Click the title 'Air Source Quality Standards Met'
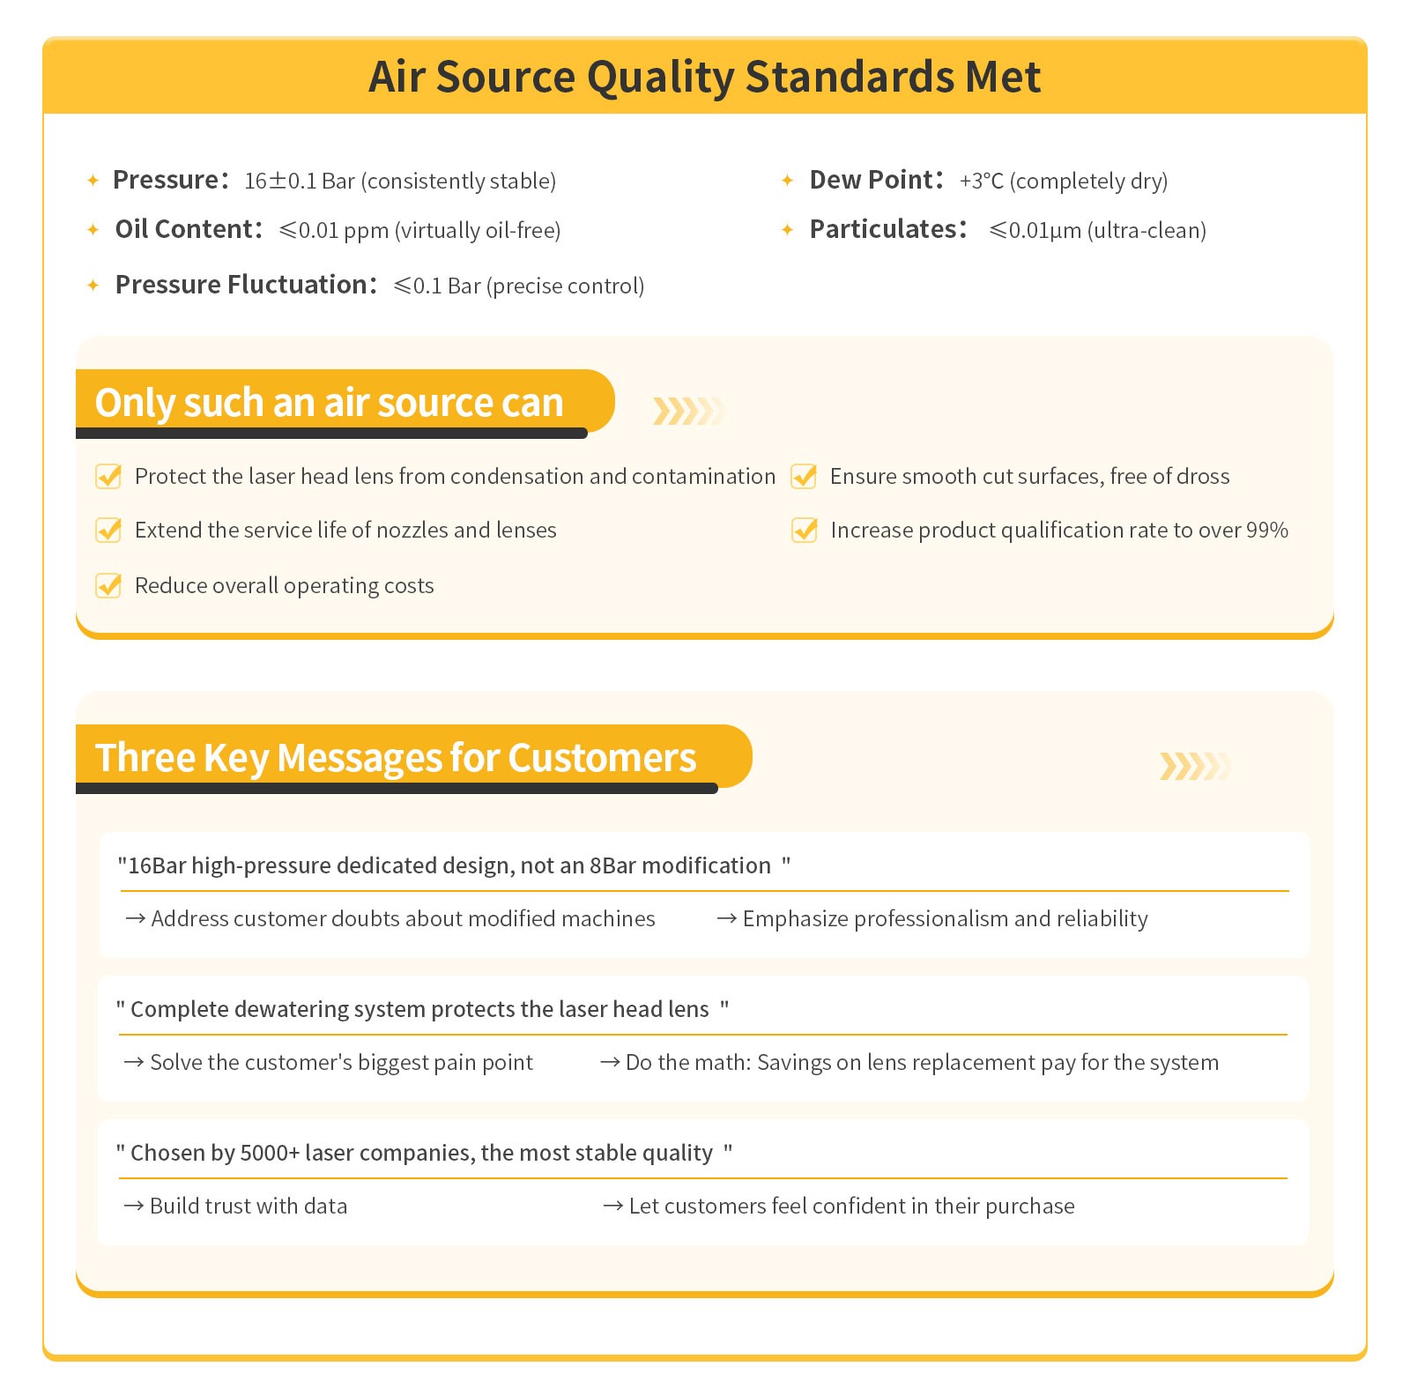(x=704, y=77)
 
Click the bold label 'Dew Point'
(x=871, y=180)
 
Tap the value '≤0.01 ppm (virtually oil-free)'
(x=419, y=231)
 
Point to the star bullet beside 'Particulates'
(x=788, y=230)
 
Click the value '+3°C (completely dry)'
(x=1063, y=182)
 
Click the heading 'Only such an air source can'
(x=329, y=403)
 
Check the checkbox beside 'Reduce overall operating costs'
(x=108, y=585)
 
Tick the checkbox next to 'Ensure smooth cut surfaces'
(x=804, y=476)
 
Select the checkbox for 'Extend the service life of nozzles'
(x=108, y=530)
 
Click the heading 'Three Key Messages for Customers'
(x=396, y=758)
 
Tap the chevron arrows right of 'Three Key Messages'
(x=1193, y=766)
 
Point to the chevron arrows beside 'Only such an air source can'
(x=688, y=411)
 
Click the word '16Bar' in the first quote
(x=158, y=866)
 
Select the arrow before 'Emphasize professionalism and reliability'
(x=727, y=919)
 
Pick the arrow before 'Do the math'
(x=610, y=1063)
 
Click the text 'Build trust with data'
(x=249, y=1207)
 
